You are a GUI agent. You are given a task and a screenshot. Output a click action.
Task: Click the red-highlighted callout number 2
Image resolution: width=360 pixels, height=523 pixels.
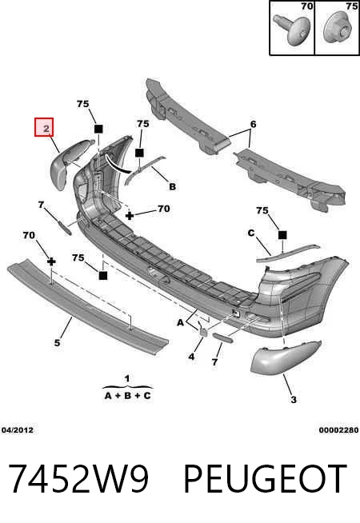[x=44, y=127]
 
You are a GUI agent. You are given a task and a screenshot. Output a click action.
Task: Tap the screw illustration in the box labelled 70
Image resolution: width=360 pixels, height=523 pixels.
[x=292, y=29]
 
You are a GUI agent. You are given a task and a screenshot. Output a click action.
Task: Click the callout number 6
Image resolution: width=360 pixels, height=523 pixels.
[x=254, y=125]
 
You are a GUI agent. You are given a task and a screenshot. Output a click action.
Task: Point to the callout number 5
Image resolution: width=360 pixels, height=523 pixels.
[x=58, y=342]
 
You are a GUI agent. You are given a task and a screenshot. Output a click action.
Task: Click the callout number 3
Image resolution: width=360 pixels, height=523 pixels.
[x=294, y=399]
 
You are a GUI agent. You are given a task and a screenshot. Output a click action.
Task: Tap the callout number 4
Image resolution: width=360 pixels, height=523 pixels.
[x=191, y=357]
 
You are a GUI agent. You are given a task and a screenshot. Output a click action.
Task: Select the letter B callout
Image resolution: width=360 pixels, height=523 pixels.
[x=173, y=186]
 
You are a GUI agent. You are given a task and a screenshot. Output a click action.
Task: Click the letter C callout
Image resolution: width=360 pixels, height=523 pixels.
[x=251, y=233]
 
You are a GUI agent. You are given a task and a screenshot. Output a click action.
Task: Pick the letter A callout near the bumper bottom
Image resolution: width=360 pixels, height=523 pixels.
[x=180, y=322]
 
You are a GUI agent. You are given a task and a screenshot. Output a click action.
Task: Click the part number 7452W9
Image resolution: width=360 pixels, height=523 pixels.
[x=78, y=479]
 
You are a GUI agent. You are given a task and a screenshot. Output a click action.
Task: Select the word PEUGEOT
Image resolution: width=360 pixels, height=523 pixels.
[x=266, y=479]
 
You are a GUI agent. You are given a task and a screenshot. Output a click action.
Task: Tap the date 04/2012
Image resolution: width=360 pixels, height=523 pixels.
[x=18, y=430]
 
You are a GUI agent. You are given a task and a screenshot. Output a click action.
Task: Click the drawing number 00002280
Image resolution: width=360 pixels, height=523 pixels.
[x=338, y=430]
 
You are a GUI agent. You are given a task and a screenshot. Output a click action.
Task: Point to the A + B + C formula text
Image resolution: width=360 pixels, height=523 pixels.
[x=128, y=396]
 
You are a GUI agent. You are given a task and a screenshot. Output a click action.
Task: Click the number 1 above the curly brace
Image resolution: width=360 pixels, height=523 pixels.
[x=127, y=378]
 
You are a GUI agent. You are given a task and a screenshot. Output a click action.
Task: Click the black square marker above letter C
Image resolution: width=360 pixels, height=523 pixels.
[x=282, y=235]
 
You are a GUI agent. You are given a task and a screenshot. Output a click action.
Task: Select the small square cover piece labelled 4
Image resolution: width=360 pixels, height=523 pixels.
[x=203, y=332]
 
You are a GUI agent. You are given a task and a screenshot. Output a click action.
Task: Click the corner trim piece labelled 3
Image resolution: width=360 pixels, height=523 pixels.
[x=283, y=358]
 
